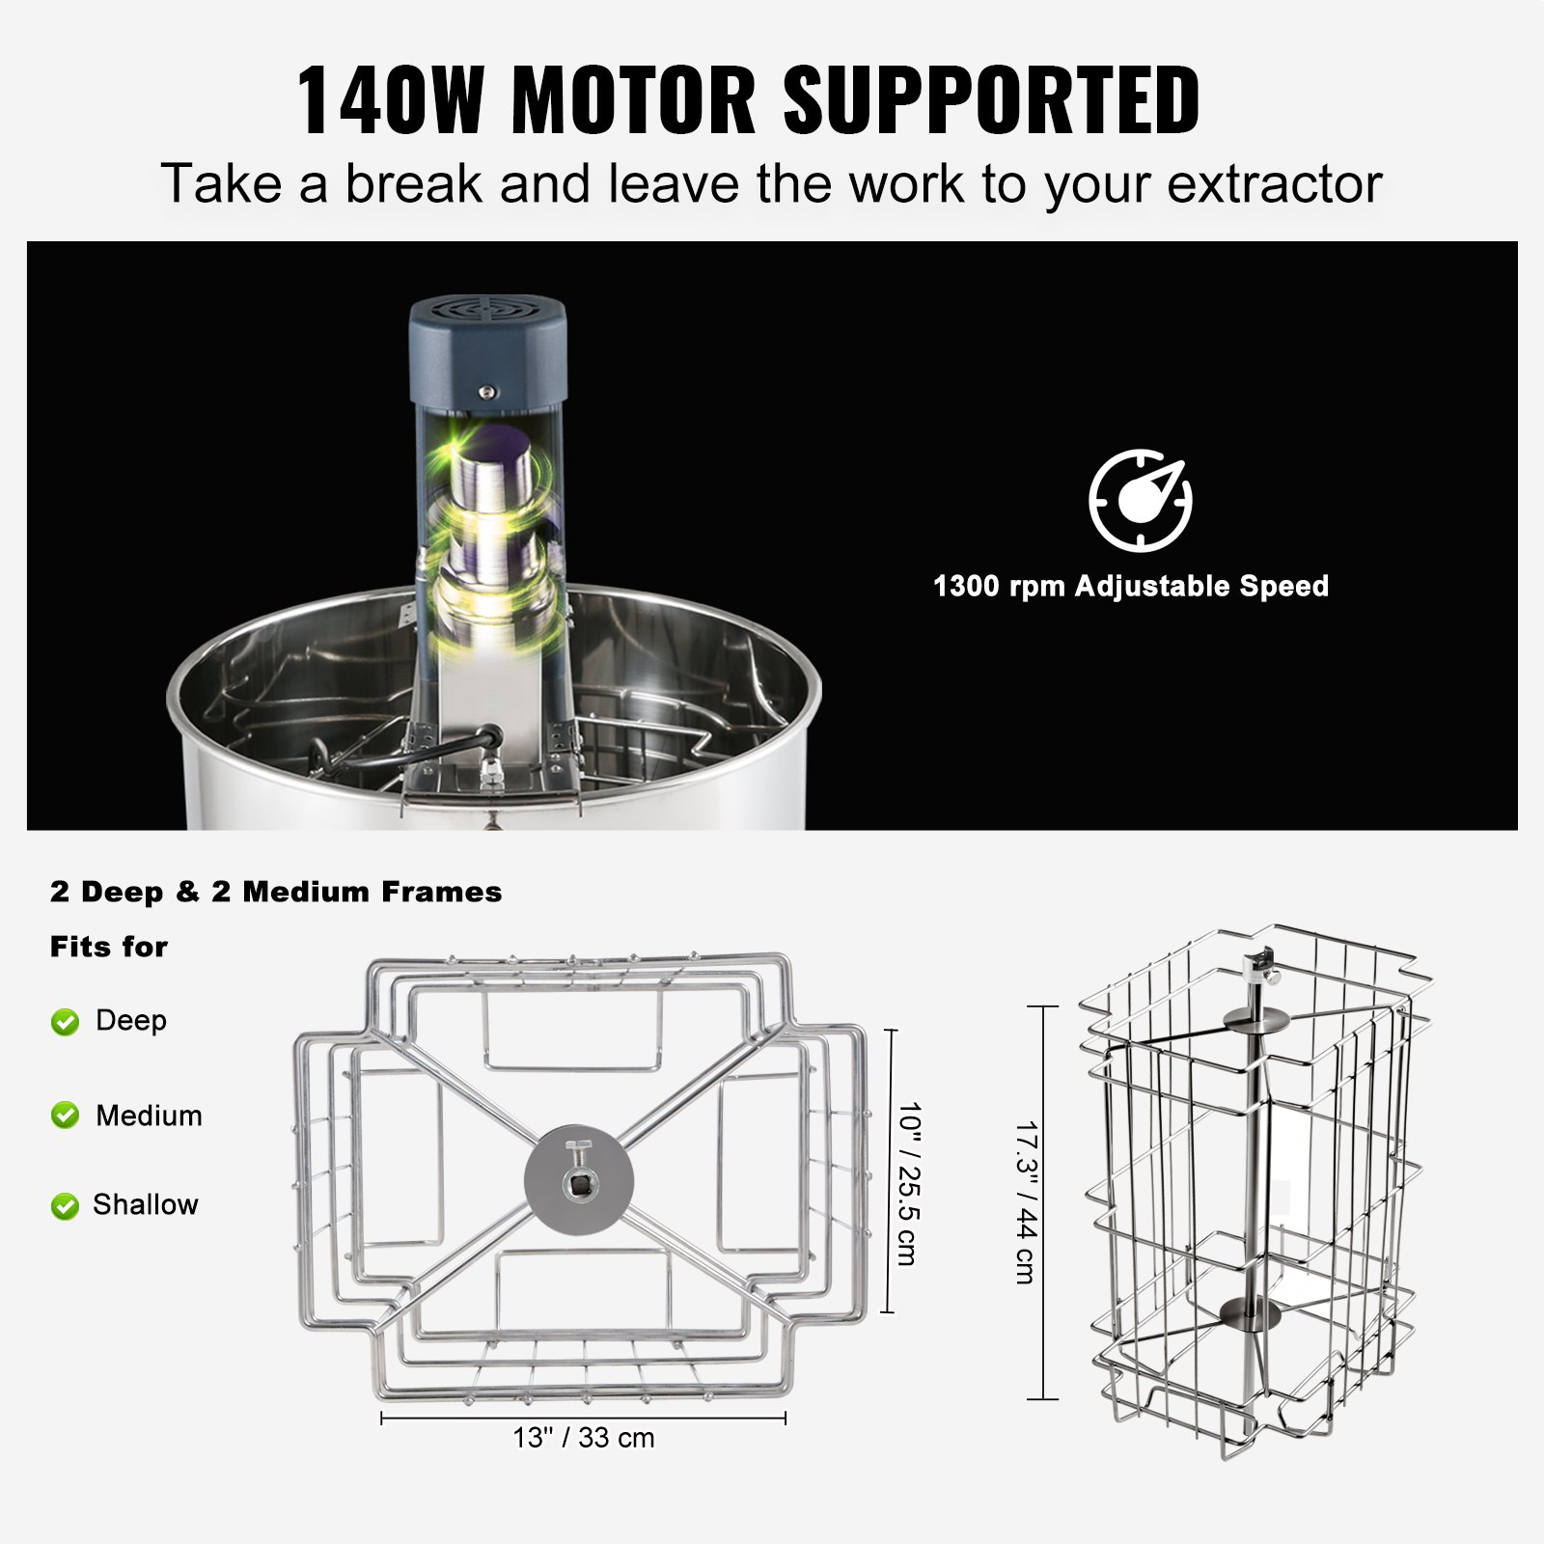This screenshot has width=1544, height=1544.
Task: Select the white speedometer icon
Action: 1141,500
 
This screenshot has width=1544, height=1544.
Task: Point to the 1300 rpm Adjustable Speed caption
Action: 1131,586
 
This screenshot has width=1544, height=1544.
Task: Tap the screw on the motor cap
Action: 487,392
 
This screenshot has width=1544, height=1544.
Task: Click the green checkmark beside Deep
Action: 65,1022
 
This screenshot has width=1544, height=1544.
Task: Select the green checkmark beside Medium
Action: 65,1116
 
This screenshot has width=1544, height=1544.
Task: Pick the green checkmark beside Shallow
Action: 65,1205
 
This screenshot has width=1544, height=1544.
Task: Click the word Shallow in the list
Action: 146,1204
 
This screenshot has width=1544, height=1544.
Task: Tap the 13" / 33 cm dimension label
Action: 584,1438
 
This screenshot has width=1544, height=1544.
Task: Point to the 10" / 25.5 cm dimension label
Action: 908,1183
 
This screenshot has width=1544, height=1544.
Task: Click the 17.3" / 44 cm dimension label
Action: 1026,1201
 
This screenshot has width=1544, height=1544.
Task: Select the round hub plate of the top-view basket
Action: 579,1178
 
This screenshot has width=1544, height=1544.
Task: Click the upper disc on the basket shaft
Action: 1253,1019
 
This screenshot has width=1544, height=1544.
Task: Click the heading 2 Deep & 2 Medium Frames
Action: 276,892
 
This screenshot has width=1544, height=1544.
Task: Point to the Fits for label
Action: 109,947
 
